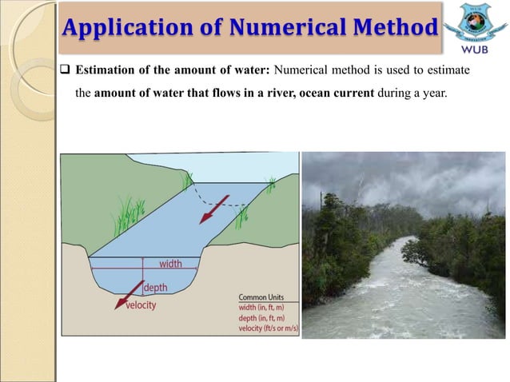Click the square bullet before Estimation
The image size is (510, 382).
[x=66, y=70]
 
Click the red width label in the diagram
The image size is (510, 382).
[x=169, y=263]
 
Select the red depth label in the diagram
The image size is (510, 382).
[x=161, y=287]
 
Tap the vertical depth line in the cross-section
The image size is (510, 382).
[x=142, y=275]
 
